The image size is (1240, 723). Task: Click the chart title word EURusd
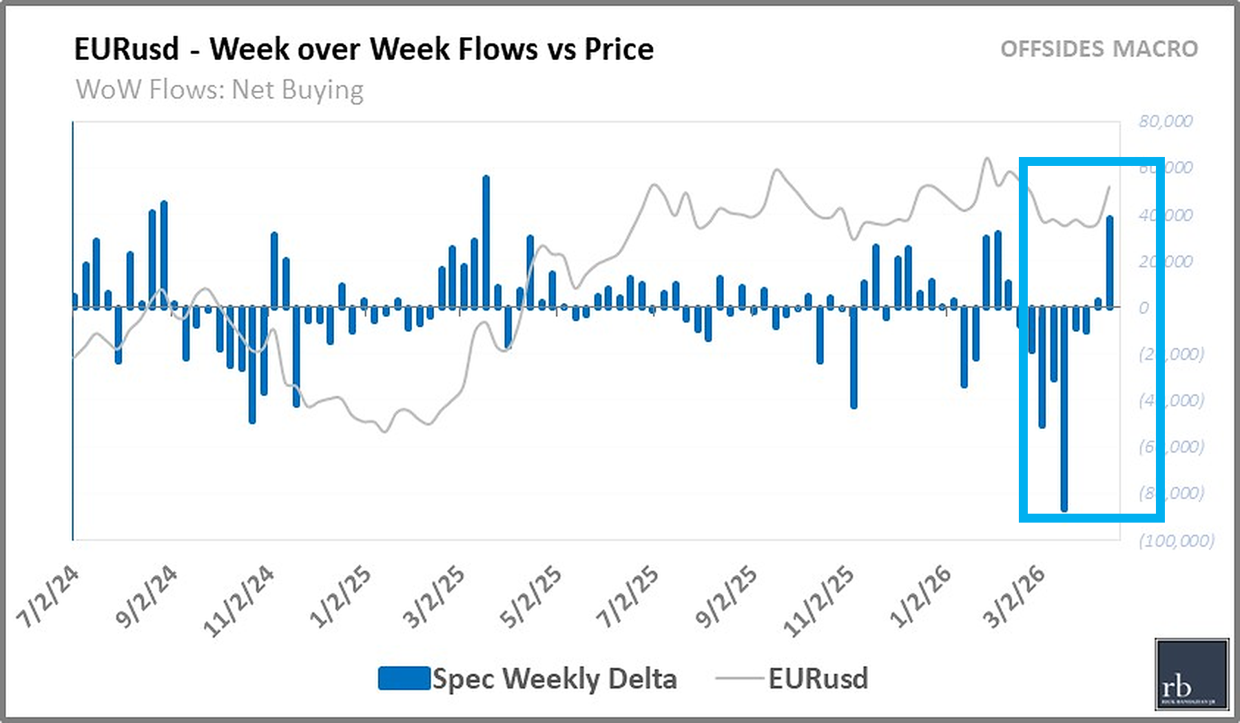click(x=126, y=50)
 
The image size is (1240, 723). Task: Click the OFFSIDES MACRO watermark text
click(x=1099, y=50)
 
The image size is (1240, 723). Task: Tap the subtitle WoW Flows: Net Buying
click(x=219, y=90)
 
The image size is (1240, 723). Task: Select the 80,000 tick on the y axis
click(x=1165, y=121)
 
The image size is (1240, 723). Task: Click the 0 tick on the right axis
click(x=1144, y=308)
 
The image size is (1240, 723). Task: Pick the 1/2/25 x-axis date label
click(x=340, y=596)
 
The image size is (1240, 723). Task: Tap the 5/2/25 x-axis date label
click(x=530, y=596)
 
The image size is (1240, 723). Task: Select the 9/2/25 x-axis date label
click(x=725, y=596)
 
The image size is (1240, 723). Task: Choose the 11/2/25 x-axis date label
click(x=818, y=600)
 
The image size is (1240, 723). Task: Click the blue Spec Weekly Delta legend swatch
click(x=404, y=678)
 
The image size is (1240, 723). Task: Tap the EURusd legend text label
click(x=818, y=678)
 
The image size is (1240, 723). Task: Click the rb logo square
click(x=1192, y=673)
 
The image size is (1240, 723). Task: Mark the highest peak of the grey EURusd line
click(x=987, y=159)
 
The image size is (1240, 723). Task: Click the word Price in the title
click(x=619, y=50)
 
